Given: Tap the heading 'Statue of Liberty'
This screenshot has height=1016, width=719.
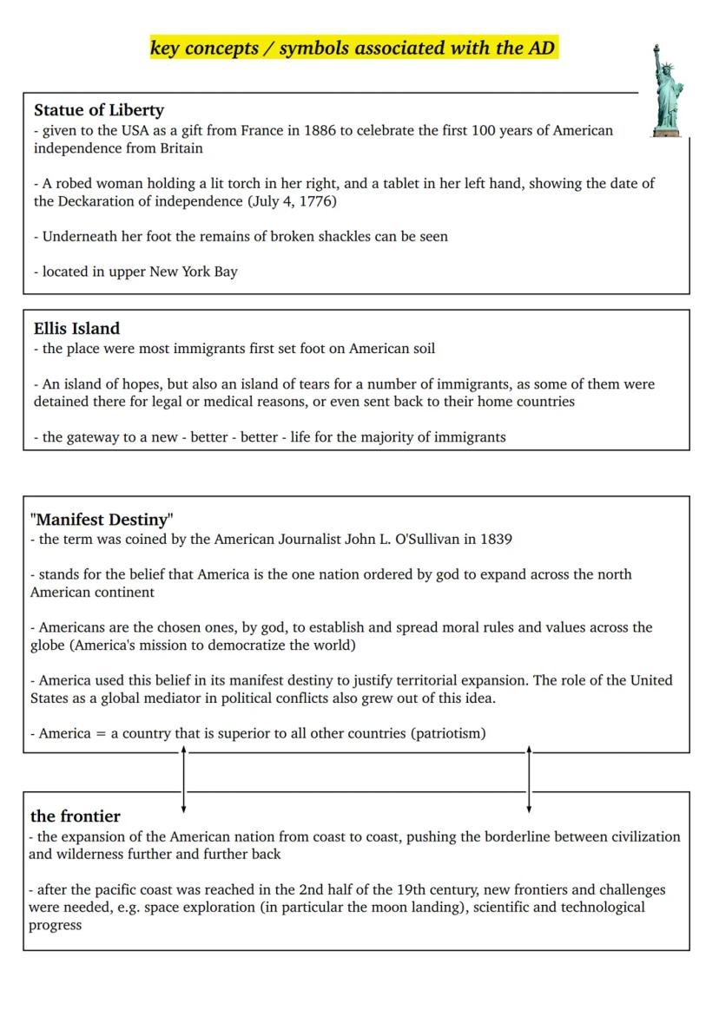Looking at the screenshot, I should click(x=98, y=110).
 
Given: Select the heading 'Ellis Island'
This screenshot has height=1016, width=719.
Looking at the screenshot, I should click(x=76, y=329).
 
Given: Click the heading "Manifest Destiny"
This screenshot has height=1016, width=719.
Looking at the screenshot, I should click(x=102, y=520).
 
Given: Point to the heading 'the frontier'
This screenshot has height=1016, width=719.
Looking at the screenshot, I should click(x=75, y=816).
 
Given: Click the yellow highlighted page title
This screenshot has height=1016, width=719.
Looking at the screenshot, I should click(x=353, y=49).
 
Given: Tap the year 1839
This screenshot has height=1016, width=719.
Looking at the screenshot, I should click(x=495, y=539).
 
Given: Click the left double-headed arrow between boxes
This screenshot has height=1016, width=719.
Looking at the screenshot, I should click(x=183, y=780).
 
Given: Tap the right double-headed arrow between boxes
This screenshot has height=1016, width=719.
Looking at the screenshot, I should click(x=529, y=780).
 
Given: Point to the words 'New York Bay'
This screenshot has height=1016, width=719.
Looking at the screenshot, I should click(x=193, y=272).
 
